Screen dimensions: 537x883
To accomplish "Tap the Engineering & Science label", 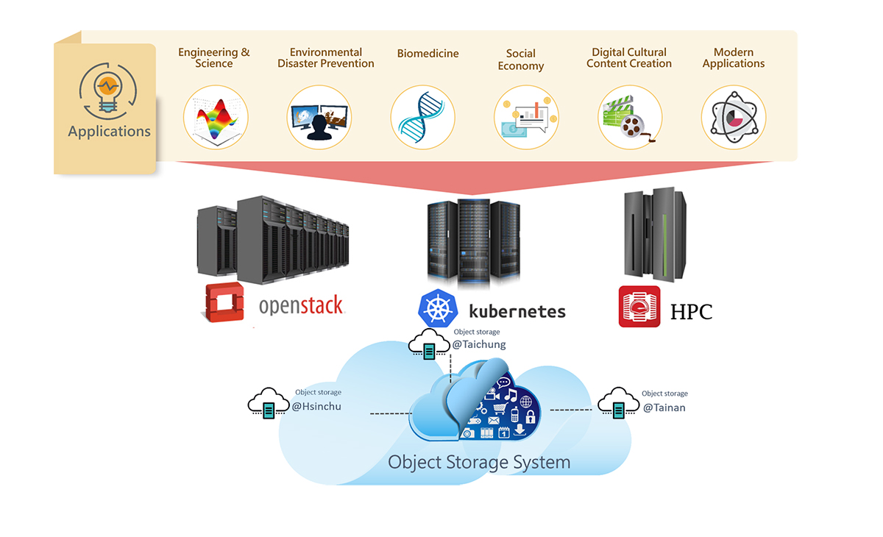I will click(x=214, y=58).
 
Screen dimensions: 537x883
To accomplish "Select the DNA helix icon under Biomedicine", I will click(x=422, y=118).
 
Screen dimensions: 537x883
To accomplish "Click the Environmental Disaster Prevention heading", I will click(x=326, y=58).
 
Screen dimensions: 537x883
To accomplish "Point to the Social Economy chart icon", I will click(x=526, y=118).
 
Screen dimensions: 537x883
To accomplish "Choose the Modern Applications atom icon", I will click(x=733, y=118).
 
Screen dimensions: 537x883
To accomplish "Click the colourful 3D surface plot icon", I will click(x=216, y=118).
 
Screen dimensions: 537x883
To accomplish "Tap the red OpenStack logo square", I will click(x=223, y=302).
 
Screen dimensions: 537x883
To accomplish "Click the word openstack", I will click(x=301, y=305).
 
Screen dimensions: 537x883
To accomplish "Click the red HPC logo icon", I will click(x=639, y=307).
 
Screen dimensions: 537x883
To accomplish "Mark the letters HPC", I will click(x=691, y=312).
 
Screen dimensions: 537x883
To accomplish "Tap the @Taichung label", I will click(x=479, y=344).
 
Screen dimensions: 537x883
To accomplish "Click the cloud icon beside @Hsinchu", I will click(x=268, y=404).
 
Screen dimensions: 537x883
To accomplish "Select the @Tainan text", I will click(x=664, y=408).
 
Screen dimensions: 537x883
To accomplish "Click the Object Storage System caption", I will click(x=479, y=463).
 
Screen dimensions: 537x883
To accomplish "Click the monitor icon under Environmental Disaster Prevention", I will click(x=319, y=118).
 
